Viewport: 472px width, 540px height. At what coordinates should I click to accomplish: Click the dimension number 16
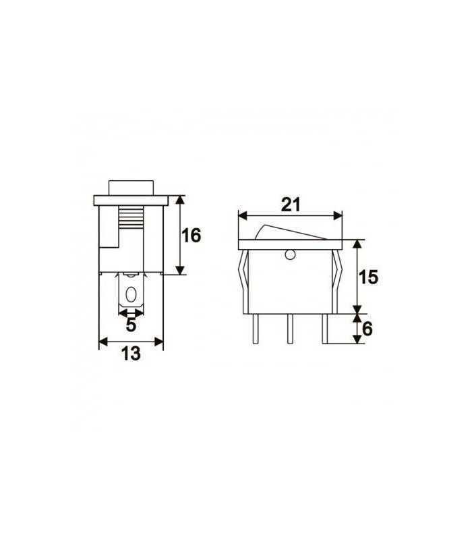[191, 236]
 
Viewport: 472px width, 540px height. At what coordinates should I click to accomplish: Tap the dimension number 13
[131, 353]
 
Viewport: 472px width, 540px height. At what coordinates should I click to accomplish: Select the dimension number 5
[131, 325]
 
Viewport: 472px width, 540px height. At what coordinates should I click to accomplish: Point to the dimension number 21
[291, 205]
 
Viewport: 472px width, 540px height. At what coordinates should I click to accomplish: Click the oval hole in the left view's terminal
[131, 295]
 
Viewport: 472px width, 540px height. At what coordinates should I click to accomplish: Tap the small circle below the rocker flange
[291, 255]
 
